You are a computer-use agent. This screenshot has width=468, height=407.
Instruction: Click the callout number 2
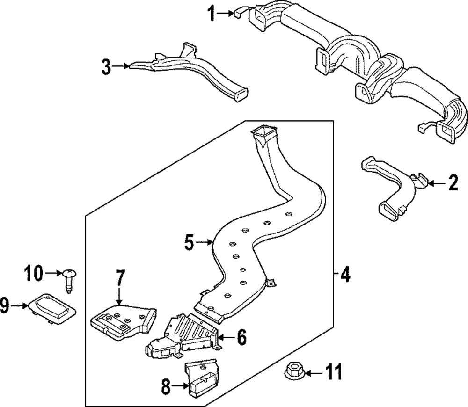click(452, 183)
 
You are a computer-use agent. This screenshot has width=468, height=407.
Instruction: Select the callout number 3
click(107, 67)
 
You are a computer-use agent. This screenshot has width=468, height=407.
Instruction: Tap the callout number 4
click(345, 275)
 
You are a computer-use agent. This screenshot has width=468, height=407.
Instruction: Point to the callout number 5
click(189, 242)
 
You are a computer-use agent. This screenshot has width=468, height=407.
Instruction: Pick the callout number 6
click(241, 337)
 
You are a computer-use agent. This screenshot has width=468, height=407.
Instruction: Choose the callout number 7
click(119, 279)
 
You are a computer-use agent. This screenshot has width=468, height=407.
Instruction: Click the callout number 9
click(5, 306)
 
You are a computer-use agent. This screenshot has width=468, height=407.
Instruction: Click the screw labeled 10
click(70, 281)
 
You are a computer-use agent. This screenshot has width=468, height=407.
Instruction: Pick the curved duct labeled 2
click(393, 187)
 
